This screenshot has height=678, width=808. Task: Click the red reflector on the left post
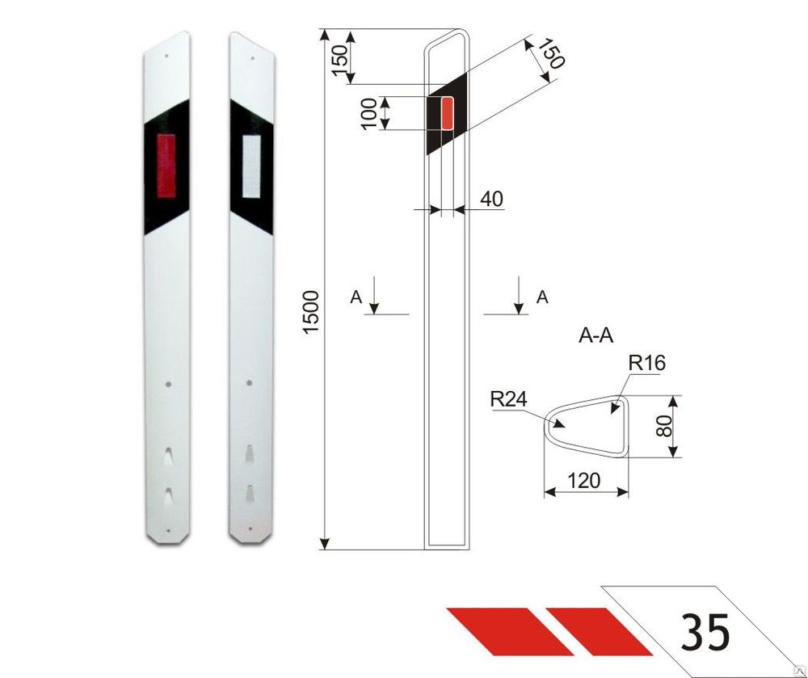pos(166,166)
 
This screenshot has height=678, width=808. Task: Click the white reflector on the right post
pos(251,166)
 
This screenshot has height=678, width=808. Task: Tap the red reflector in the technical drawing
pos(448,113)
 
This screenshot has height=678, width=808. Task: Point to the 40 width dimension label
pos(491,199)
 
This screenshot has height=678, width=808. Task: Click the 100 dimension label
pos(368,113)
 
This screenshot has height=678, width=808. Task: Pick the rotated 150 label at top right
pos(550,53)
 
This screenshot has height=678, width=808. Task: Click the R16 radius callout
pos(647,364)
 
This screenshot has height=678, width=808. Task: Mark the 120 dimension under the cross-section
pos(584,481)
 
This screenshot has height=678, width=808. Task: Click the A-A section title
pos(596,336)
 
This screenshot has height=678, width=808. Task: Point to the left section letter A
pos(356,297)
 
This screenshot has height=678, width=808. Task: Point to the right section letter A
pos(542,297)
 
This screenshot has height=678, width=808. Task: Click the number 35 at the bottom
pos(705,632)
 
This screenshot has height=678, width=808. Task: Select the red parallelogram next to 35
pos(598,630)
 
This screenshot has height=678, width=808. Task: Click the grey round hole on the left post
pos(167,384)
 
